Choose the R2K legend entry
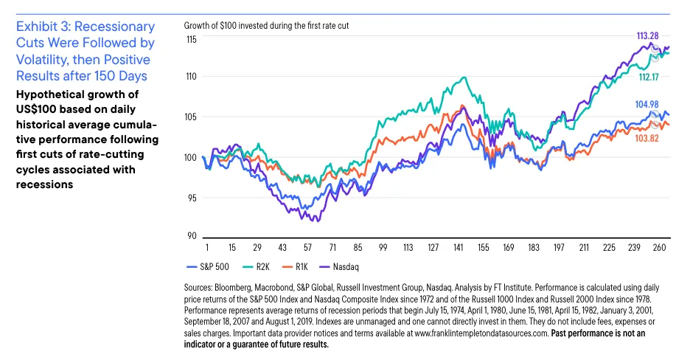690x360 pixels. tap(254, 265)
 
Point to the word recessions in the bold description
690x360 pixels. tap(44, 184)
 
